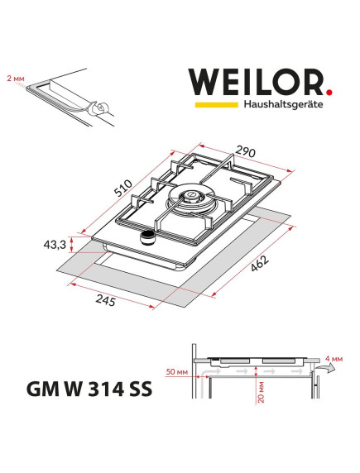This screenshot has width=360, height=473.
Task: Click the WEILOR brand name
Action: (x=257, y=84)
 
